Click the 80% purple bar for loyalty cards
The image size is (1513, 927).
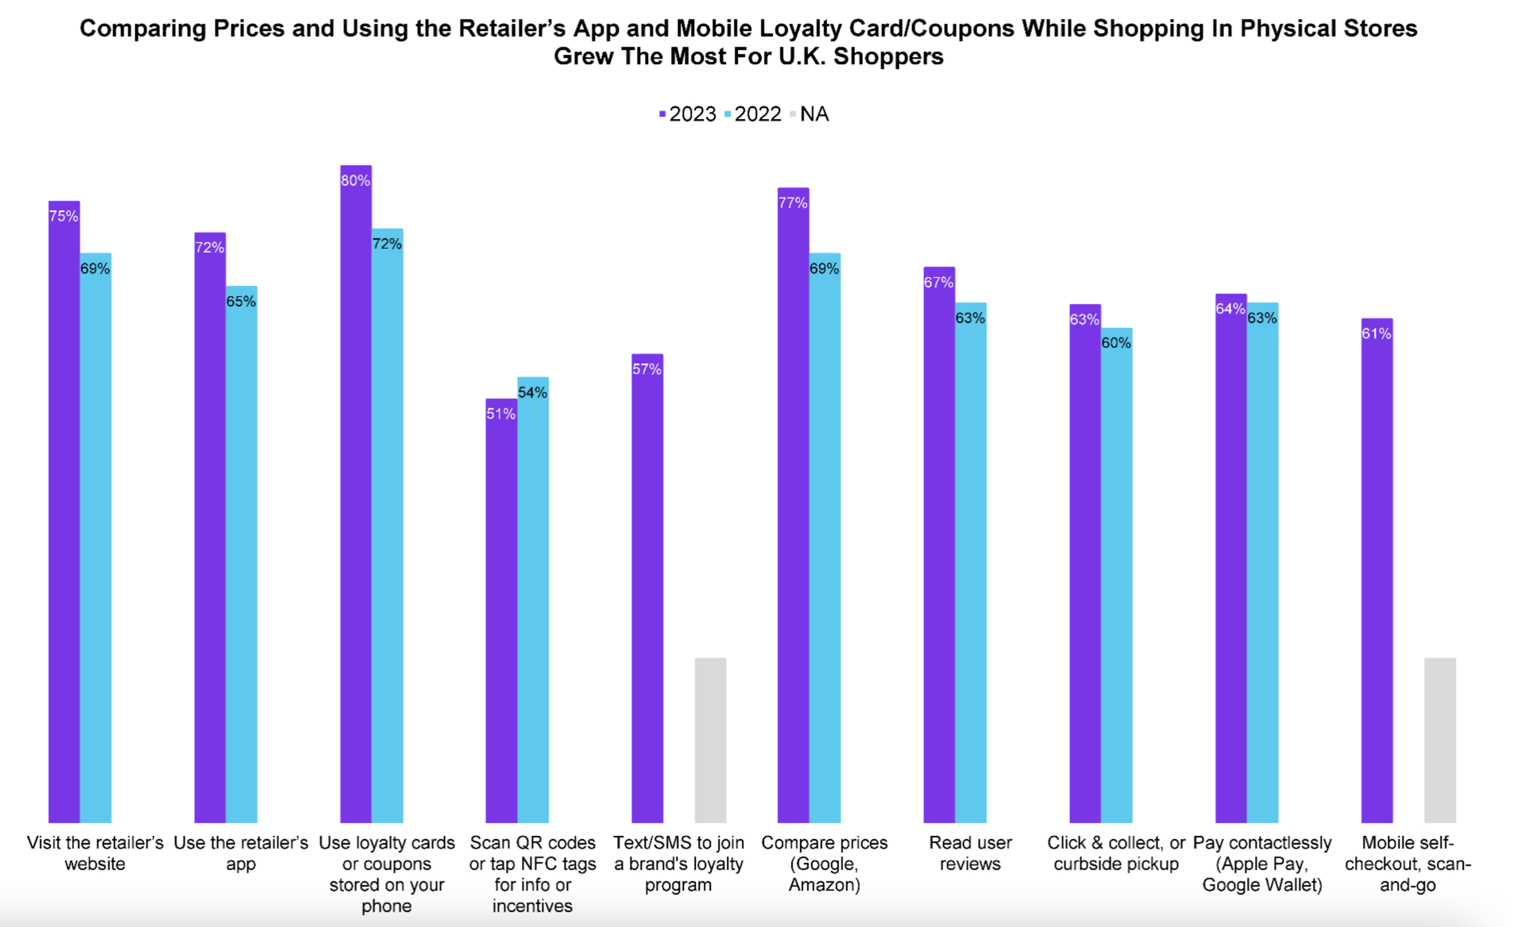355,497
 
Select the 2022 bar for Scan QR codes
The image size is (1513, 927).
533,605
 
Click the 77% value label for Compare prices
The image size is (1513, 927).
793,203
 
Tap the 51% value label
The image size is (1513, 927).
501,414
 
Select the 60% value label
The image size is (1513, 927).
1116,343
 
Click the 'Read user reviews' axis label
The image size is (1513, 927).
970,853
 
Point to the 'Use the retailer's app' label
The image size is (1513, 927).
241,853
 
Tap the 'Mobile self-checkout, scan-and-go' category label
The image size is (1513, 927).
1407,863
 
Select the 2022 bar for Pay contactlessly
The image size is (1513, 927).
1262,567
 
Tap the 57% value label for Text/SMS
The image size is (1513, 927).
647,369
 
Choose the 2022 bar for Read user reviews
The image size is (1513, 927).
970,567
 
